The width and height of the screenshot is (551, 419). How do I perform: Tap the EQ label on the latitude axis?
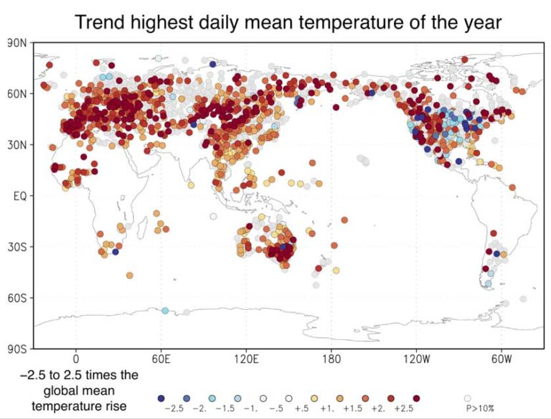(x=19, y=196)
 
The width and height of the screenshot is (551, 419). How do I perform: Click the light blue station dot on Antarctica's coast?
(x=165, y=311)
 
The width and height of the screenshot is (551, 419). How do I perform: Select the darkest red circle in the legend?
(x=415, y=397)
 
